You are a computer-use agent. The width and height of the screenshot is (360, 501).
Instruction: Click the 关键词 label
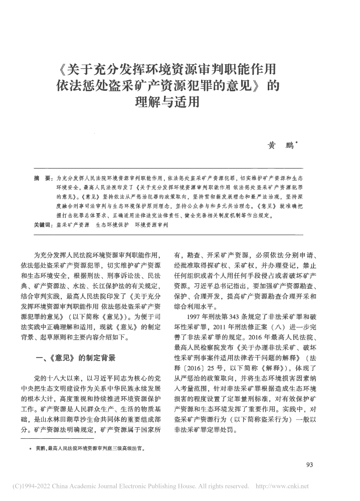pyautogui.click(x=41, y=226)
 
